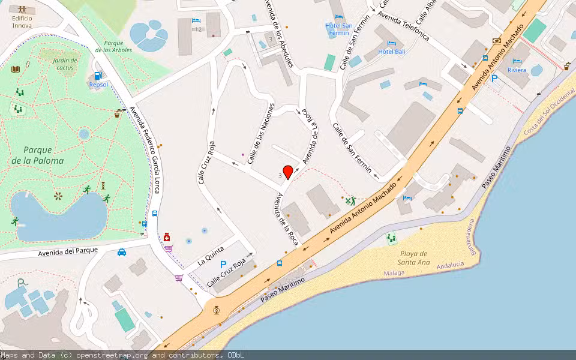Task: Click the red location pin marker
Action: (x=288, y=172)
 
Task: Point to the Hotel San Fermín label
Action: (x=339, y=29)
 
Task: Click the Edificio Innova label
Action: (x=22, y=22)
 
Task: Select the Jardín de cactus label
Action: (x=65, y=64)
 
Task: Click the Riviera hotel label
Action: (x=517, y=70)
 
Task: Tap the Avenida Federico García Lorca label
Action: (x=145, y=150)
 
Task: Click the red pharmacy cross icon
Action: (x=166, y=238)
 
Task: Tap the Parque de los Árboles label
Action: (x=113, y=46)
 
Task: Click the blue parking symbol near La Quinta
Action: (x=223, y=265)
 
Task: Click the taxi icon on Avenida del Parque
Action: (x=122, y=252)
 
